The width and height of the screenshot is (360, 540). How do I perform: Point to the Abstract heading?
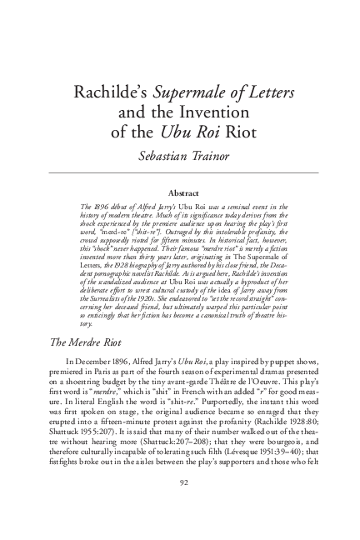click(x=179, y=192)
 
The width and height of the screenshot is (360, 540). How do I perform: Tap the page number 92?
click(x=180, y=505)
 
